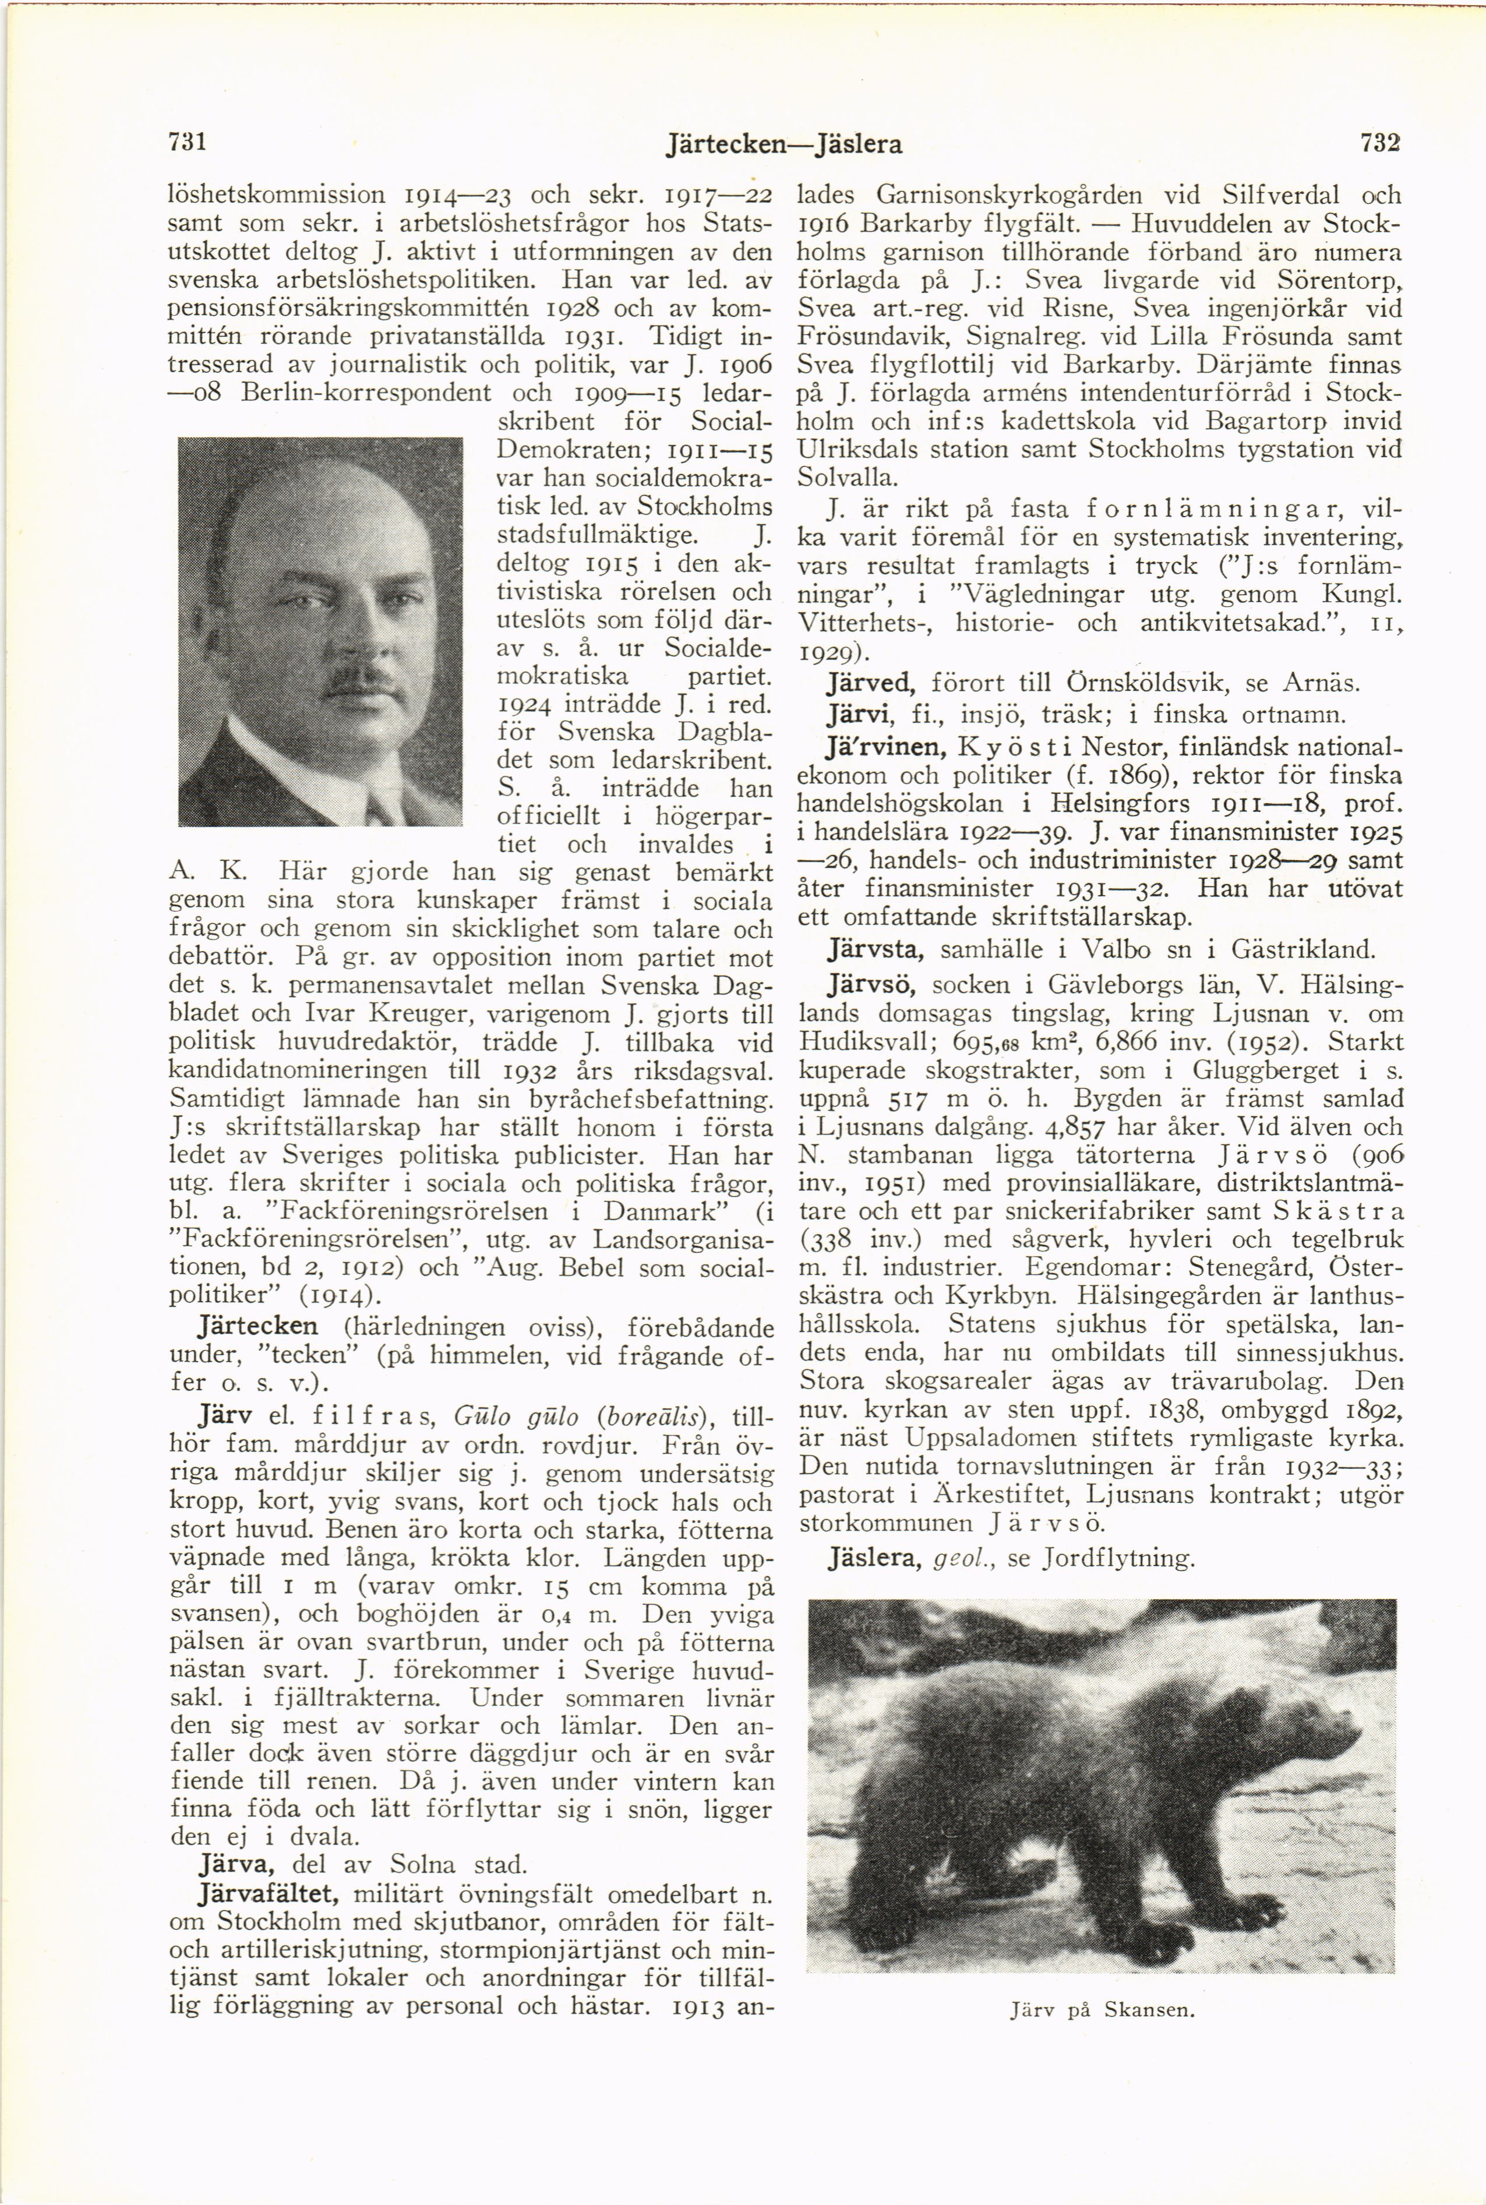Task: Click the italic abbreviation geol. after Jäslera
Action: [x=962, y=1558]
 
